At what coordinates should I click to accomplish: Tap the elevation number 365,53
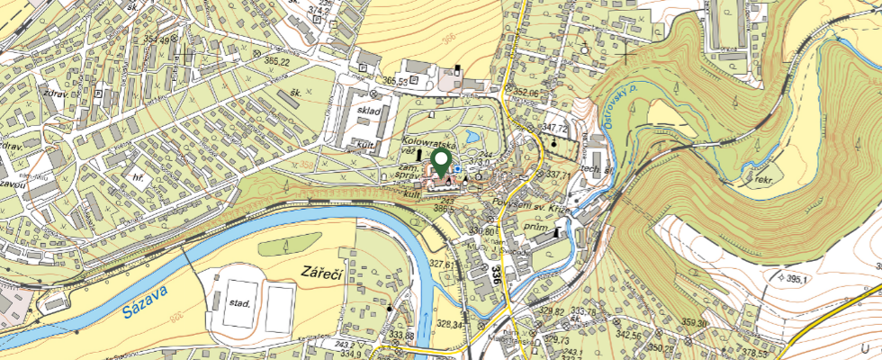[x=400, y=81]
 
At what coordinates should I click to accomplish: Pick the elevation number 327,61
[x=441, y=264]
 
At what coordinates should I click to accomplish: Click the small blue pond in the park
[x=457, y=168]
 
